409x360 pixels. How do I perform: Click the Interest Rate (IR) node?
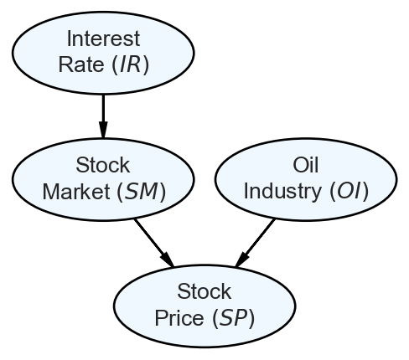(103, 53)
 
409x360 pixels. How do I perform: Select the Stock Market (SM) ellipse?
(103, 179)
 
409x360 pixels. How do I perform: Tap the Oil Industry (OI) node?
(306, 179)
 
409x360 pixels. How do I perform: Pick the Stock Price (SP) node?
(204, 306)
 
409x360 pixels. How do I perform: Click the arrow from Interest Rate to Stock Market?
(103, 116)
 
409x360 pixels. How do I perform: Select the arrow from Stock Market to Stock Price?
(154, 243)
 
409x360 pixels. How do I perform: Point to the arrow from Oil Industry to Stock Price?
(255, 243)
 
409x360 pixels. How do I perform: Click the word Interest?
(103, 39)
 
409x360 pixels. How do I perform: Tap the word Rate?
(81, 64)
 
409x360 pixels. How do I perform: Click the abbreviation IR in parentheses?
(130, 64)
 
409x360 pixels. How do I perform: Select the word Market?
(76, 192)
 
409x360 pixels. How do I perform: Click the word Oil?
(306, 165)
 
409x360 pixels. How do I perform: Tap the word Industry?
(282, 192)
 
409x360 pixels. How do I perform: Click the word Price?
(179, 318)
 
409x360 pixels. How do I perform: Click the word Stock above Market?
(103, 165)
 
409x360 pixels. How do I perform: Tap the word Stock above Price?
(204, 291)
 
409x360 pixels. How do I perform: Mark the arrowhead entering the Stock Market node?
(103, 130)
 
